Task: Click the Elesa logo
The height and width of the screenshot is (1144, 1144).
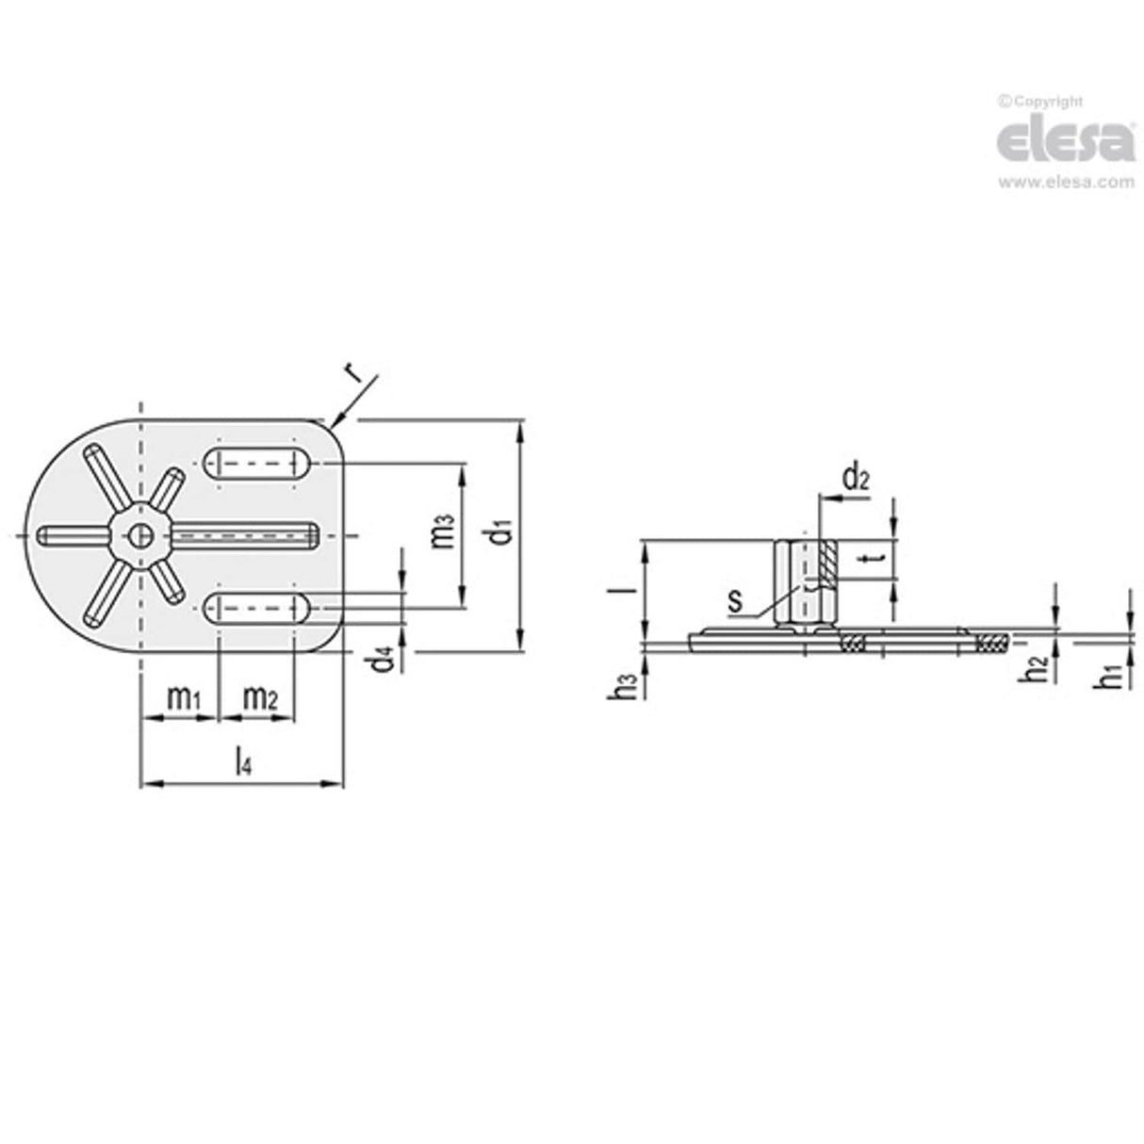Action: coord(1065,142)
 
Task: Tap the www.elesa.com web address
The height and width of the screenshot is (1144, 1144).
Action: coord(1066,182)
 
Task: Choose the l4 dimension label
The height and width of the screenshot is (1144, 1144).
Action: coord(242,762)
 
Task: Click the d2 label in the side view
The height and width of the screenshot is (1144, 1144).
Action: coord(855,479)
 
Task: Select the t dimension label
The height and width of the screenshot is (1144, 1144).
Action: coord(875,560)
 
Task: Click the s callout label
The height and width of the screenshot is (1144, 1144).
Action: coord(735,599)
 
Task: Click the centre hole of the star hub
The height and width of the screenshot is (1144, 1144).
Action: coord(139,535)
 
